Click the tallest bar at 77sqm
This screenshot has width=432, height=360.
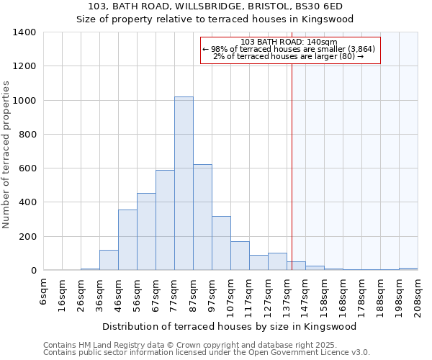[184, 184]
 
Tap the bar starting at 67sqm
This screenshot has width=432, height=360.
[165, 220]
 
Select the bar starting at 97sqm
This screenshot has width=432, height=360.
[221, 243]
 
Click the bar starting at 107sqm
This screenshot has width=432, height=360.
[240, 256]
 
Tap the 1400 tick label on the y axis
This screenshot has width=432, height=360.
[24, 32]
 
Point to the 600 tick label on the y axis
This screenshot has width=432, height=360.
[27, 168]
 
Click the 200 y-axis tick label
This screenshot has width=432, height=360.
[27, 237]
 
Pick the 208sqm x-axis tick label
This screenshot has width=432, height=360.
[418, 295]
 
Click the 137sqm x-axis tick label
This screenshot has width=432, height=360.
[287, 295]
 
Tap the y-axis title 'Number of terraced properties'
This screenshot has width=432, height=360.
[6, 154]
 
